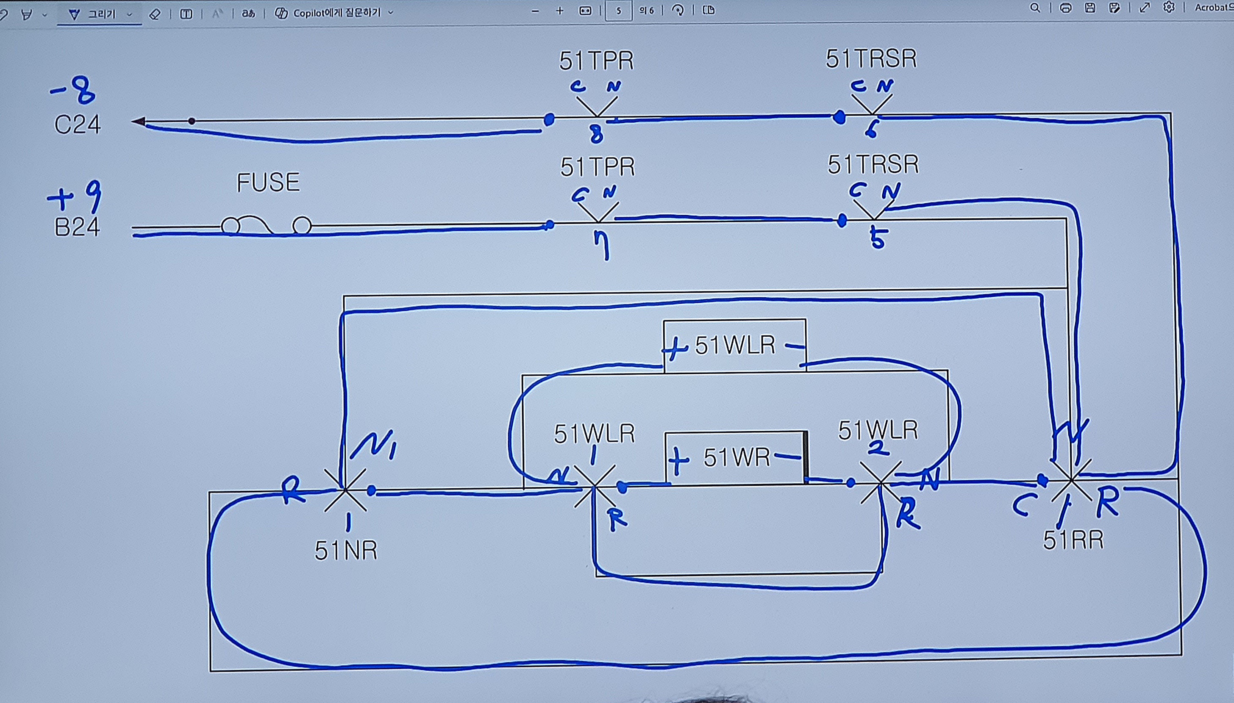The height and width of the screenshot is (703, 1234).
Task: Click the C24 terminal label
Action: pos(77,125)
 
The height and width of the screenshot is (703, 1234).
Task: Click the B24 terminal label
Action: pos(77,227)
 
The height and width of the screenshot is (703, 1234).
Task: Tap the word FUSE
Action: pos(268,183)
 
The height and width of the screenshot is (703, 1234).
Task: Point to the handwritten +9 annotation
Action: pos(75,196)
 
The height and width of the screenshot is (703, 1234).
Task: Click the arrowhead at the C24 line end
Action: pos(139,121)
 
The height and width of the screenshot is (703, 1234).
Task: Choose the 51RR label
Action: pos(1073,540)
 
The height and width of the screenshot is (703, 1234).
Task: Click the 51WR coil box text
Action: pos(736,457)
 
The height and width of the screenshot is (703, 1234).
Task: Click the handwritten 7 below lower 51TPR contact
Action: pos(603,246)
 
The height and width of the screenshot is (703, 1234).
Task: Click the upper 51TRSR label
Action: pos(871,59)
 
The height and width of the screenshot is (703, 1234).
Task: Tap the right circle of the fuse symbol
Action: pos(302,225)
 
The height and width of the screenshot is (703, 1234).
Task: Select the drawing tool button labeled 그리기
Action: pos(100,14)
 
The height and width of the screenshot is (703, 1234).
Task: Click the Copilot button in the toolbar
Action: pos(333,13)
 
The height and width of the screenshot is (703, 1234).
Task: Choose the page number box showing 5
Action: pos(618,11)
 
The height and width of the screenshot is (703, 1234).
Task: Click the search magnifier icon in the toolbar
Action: pos(1034,8)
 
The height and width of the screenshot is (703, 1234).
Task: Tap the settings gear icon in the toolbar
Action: pos(1168,7)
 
